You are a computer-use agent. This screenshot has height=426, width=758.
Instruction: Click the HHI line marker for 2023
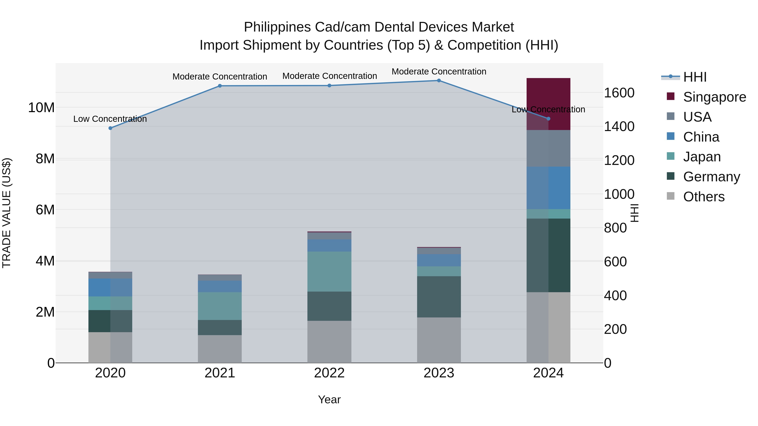(439, 81)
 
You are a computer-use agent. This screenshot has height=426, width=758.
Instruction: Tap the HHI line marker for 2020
(110, 128)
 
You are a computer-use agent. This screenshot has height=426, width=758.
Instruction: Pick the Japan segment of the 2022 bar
(329, 271)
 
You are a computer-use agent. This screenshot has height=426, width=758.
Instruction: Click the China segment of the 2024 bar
(548, 188)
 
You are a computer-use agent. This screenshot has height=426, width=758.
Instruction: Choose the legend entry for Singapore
(714, 97)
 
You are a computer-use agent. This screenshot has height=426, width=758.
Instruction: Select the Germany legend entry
(711, 177)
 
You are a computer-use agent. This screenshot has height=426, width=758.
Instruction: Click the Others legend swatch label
(703, 197)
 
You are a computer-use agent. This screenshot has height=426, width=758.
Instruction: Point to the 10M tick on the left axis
(41, 107)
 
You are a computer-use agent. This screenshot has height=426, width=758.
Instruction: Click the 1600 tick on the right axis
(619, 93)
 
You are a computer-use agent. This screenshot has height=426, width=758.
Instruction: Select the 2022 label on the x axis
(329, 373)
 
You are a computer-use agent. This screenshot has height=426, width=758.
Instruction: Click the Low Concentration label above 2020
(110, 119)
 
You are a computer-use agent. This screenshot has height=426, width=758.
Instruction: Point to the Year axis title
(329, 399)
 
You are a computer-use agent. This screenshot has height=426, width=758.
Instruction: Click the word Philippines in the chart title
(277, 27)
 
